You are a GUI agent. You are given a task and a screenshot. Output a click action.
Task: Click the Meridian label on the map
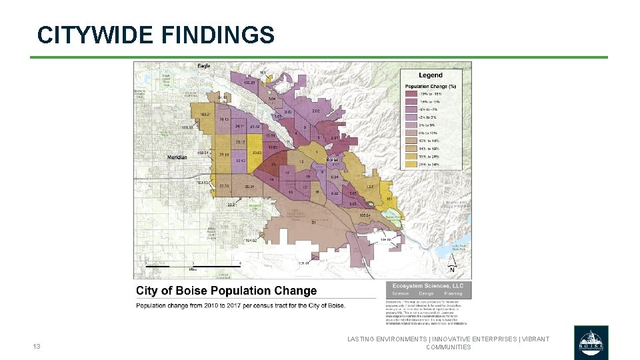coord(177,157)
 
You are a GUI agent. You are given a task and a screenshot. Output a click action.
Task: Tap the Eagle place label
coord(204,66)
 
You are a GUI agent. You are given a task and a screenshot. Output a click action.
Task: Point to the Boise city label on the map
coord(331,160)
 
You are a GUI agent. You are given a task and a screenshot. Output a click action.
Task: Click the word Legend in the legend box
coord(430,75)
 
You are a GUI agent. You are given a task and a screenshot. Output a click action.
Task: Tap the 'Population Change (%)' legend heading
coord(433,86)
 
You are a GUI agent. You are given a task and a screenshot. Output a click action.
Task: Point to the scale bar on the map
coord(193,265)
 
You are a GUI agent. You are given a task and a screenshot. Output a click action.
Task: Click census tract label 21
coord(313,222)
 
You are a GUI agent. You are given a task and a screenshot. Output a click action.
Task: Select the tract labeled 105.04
coord(364,215)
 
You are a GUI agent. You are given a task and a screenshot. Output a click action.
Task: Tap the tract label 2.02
coord(316,111)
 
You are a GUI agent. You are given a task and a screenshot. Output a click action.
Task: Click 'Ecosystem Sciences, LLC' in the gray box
coord(427,285)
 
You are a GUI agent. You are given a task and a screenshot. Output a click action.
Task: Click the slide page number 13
coord(37,347)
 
